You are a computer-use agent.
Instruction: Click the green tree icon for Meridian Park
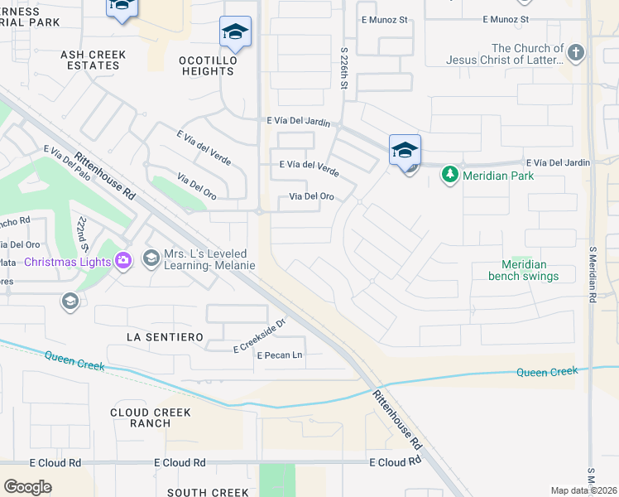click(x=449, y=175)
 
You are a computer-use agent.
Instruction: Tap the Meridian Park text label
click(x=498, y=175)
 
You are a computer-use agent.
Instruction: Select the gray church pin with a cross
click(x=577, y=54)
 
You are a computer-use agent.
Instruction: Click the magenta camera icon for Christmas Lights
click(x=123, y=262)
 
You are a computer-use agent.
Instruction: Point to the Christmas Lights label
click(x=68, y=263)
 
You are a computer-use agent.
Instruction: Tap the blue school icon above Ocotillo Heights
click(x=235, y=32)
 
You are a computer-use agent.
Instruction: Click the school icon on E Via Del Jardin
click(x=405, y=150)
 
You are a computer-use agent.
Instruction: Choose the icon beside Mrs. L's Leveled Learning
click(x=151, y=259)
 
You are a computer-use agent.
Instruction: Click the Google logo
click(x=27, y=487)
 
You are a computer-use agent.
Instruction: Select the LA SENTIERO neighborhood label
click(x=165, y=337)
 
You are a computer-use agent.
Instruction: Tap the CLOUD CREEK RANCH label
click(x=151, y=417)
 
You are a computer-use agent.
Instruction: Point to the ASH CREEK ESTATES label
click(x=94, y=60)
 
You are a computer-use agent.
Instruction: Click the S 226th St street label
click(x=344, y=69)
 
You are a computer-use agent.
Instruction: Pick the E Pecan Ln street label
click(x=280, y=355)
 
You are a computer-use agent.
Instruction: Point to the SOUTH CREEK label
click(x=208, y=492)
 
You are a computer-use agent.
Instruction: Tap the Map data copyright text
click(x=583, y=490)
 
